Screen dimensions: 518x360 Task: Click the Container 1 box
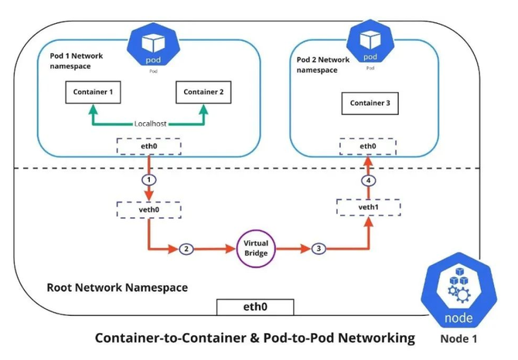(x=93, y=92)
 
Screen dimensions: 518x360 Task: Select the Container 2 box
(x=203, y=92)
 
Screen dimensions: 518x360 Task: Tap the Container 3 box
(x=370, y=104)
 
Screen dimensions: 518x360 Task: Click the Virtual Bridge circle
(x=256, y=249)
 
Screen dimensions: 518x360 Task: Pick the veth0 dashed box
(x=148, y=209)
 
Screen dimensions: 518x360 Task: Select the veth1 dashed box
(x=368, y=207)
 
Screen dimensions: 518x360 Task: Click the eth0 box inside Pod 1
(x=148, y=146)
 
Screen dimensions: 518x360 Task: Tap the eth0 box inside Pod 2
(x=368, y=146)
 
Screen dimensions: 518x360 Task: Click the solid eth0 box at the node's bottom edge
(x=255, y=307)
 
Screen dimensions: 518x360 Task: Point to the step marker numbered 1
(x=149, y=180)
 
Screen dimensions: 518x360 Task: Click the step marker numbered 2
(x=186, y=249)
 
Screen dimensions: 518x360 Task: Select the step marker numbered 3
(x=319, y=249)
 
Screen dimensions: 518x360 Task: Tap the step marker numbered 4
(x=368, y=181)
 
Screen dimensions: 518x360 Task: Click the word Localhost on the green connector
(x=150, y=124)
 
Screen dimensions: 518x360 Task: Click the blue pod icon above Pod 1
(x=153, y=45)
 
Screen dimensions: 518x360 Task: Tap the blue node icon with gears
(x=458, y=290)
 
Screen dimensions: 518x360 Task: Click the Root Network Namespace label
(x=118, y=287)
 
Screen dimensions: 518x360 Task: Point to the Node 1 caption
(x=458, y=339)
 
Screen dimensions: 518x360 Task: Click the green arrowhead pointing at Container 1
(x=93, y=110)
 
